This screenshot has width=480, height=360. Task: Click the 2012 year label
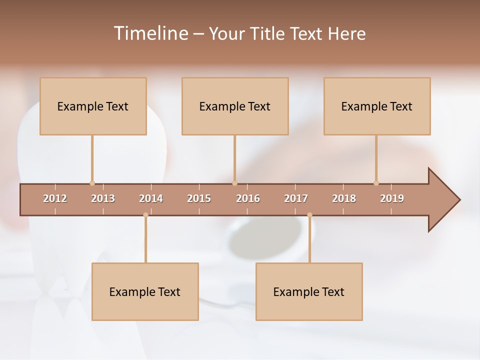point(55,198)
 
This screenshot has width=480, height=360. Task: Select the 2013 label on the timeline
point(103,198)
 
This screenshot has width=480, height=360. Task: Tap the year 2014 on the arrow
point(151,198)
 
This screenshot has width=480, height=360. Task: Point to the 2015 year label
point(199,198)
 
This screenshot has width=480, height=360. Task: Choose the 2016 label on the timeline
point(248,198)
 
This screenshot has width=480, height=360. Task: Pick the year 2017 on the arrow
point(296,198)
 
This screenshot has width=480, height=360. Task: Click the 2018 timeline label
point(344,198)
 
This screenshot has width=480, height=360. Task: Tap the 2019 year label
point(392,198)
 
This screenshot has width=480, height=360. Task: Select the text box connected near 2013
point(93,106)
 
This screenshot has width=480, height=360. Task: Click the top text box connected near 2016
point(235,106)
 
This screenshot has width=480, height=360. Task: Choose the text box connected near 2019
point(377,106)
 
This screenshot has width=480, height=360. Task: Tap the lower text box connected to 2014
point(145,291)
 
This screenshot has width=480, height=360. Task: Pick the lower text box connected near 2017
point(309,291)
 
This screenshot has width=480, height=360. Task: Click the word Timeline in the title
point(150,33)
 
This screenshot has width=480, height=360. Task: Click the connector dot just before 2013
point(92,183)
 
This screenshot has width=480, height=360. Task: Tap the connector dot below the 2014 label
point(145,215)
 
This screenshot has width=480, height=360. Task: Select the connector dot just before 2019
point(376,183)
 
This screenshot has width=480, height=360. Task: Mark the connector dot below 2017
point(309,215)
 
